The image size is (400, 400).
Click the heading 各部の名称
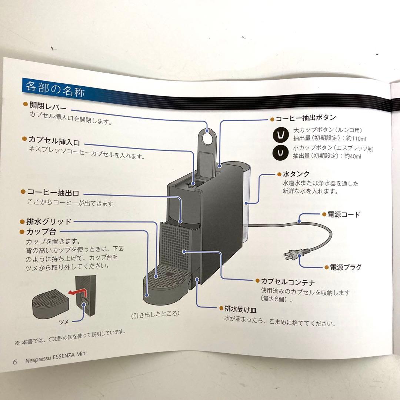(x=54, y=89)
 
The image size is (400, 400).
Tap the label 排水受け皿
(x=240, y=309)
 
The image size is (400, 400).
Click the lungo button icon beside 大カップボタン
(x=280, y=135)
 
